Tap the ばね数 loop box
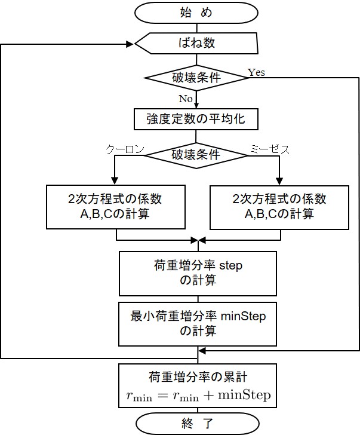(x=197, y=44)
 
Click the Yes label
(x=256, y=72)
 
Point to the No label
(x=186, y=99)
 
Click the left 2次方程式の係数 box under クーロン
(x=115, y=206)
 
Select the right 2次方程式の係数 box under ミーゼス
(x=280, y=206)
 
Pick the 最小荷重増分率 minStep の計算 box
(x=198, y=323)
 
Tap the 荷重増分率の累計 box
(x=198, y=386)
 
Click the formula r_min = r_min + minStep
(x=198, y=395)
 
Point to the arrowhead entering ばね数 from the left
(x=130, y=44)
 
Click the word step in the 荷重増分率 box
(x=230, y=265)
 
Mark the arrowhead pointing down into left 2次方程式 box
(x=115, y=182)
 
